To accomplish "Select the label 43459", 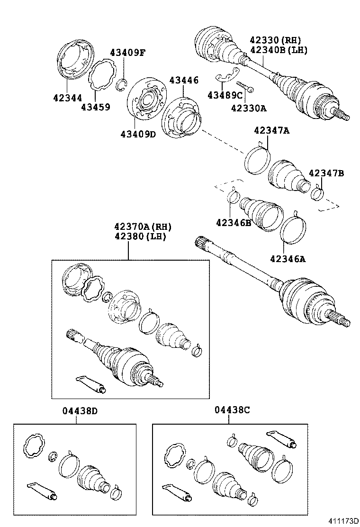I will coord(95,107).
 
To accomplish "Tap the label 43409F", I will coord(127,53).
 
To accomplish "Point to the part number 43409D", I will coord(137,134).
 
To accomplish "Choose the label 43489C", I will coord(225,96).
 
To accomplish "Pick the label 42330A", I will coord(249,108).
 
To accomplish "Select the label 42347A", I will coord(271,130).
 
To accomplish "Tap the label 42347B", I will coord(326,173).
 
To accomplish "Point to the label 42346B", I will coord(234,222).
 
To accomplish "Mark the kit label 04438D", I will coord(80,411).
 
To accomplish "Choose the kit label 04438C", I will coord(232,411).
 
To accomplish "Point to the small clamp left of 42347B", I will coord(317,193).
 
